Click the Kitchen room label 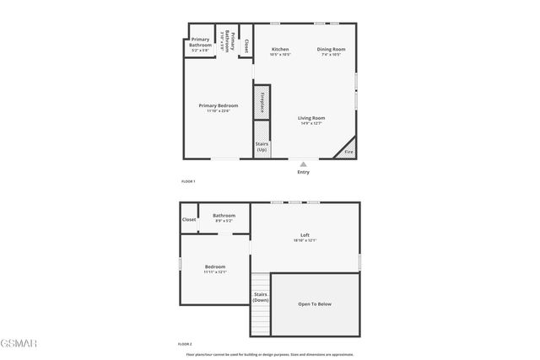point(280,50)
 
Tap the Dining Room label point(331,50)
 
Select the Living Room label point(311,118)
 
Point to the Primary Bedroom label point(219,105)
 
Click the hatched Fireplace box point(262,101)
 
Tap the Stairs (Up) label point(262,146)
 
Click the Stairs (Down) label point(261,297)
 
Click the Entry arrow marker point(304,163)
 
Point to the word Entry point(303,172)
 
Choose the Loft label point(305,235)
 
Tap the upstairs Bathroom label point(224,215)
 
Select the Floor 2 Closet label point(189,219)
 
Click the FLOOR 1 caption point(188,181)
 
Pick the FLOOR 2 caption point(185,344)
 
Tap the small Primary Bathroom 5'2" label point(200,42)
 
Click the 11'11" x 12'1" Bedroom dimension point(215,272)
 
